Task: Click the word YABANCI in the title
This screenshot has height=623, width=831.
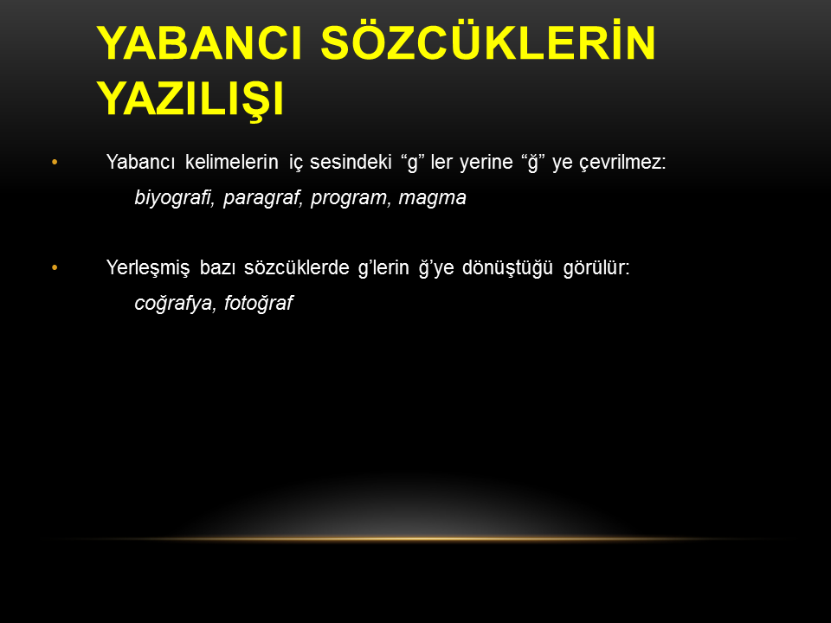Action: tap(199, 43)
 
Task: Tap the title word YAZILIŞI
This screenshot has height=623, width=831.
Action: tap(190, 100)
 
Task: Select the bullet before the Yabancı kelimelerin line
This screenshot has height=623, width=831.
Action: tap(55, 162)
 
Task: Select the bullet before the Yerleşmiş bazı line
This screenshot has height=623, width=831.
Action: tap(55, 268)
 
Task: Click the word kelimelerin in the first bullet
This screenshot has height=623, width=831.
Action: tap(232, 162)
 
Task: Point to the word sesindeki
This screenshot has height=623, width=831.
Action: tap(351, 162)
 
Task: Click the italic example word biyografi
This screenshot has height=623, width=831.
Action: tap(174, 198)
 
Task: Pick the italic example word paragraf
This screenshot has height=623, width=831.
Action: tap(262, 198)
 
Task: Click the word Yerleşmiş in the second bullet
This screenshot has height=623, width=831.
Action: tap(148, 268)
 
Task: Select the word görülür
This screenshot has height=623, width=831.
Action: tap(596, 268)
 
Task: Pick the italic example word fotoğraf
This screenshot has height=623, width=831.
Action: tap(258, 304)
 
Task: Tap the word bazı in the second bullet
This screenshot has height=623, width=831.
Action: tap(216, 268)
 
